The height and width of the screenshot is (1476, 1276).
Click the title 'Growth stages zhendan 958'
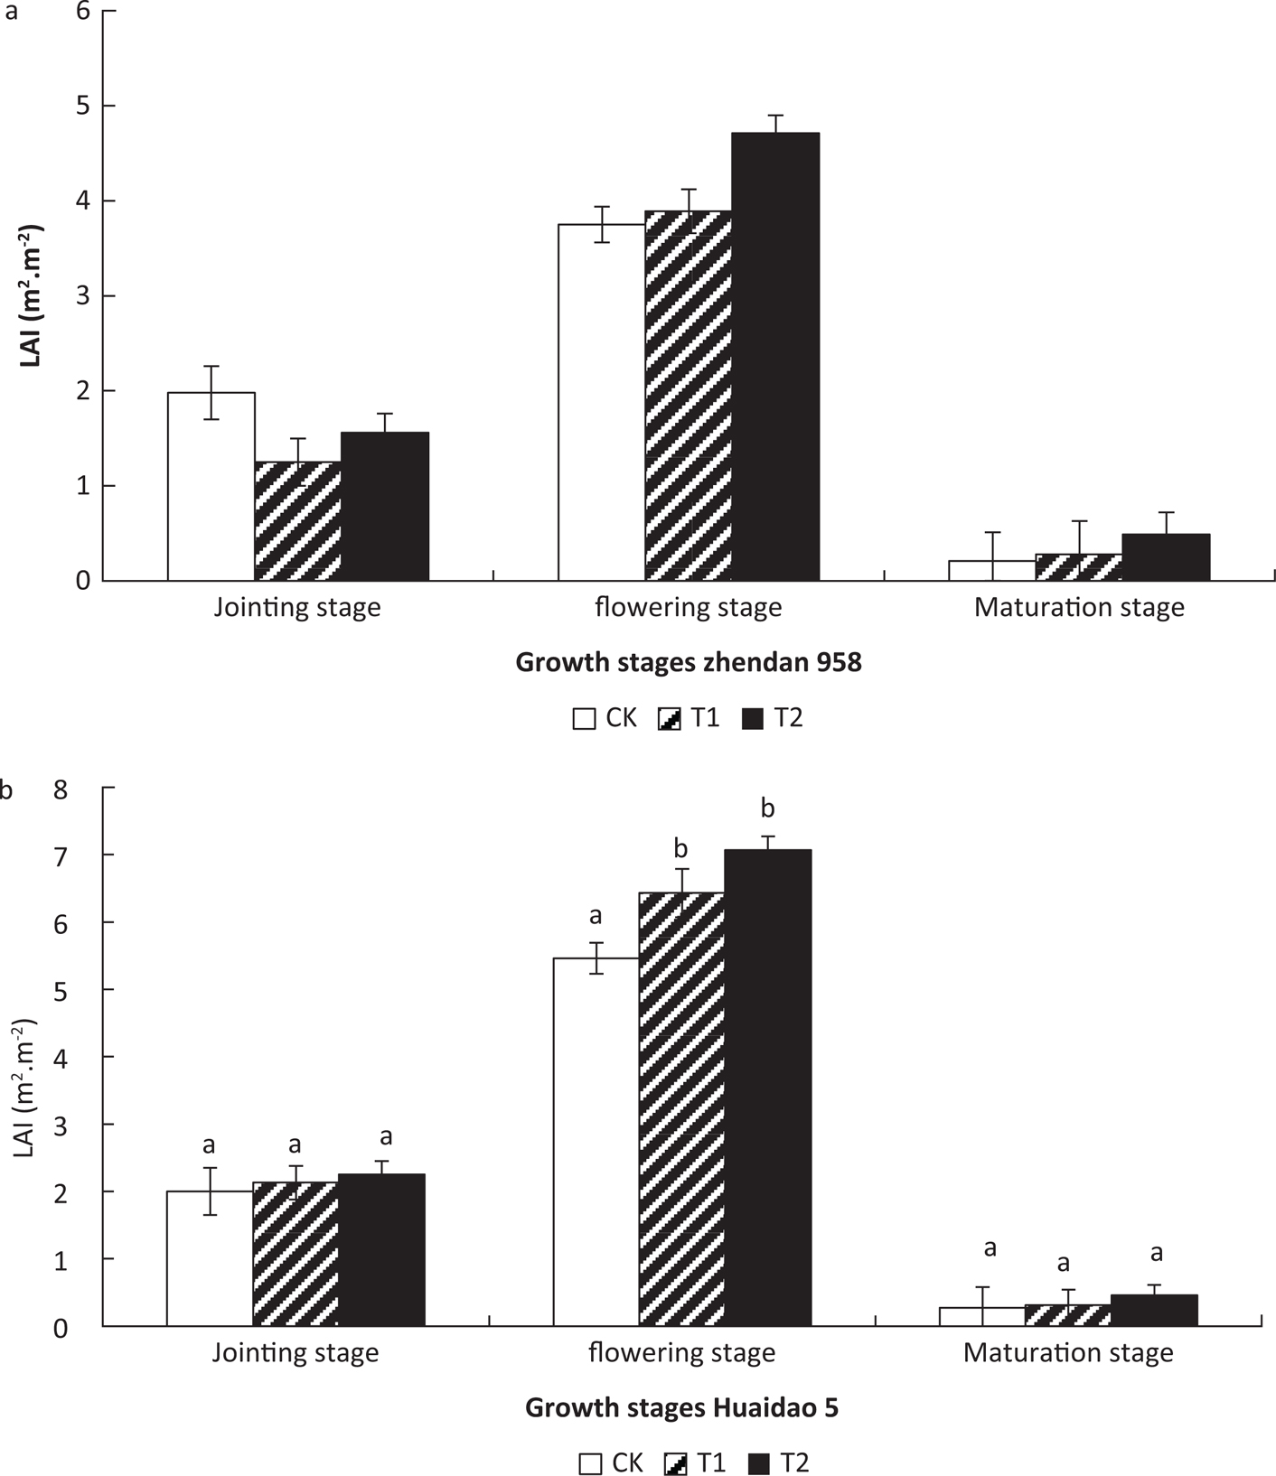(x=689, y=662)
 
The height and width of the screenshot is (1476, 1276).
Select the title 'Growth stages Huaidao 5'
(x=681, y=1408)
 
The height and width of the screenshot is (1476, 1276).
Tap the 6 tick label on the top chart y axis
(x=83, y=12)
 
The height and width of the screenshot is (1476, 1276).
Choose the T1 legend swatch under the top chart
(x=671, y=719)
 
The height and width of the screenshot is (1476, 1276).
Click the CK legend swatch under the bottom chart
(x=591, y=1463)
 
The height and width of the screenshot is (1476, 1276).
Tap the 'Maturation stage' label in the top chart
(x=1079, y=607)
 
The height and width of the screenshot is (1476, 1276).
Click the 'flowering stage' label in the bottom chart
(x=681, y=1353)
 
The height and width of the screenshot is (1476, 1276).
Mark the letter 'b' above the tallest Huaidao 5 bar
(x=768, y=808)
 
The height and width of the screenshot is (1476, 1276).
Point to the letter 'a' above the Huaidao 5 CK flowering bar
(x=596, y=916)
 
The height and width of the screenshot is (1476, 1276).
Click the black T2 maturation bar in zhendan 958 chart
(x=1166, y=556)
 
